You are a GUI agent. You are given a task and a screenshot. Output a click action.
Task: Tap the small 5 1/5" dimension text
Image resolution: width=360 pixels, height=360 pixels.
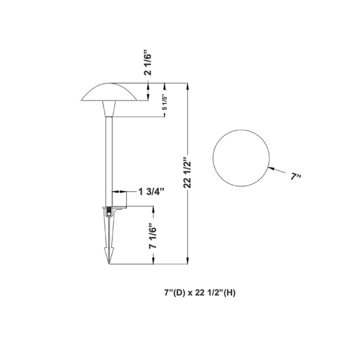tap(164, 103)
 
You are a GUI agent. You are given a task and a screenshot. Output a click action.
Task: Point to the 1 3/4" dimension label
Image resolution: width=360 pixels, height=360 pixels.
tap(151, 192)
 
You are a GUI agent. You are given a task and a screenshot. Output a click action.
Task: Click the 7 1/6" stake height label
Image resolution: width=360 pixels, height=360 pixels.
tap(152, 236)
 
